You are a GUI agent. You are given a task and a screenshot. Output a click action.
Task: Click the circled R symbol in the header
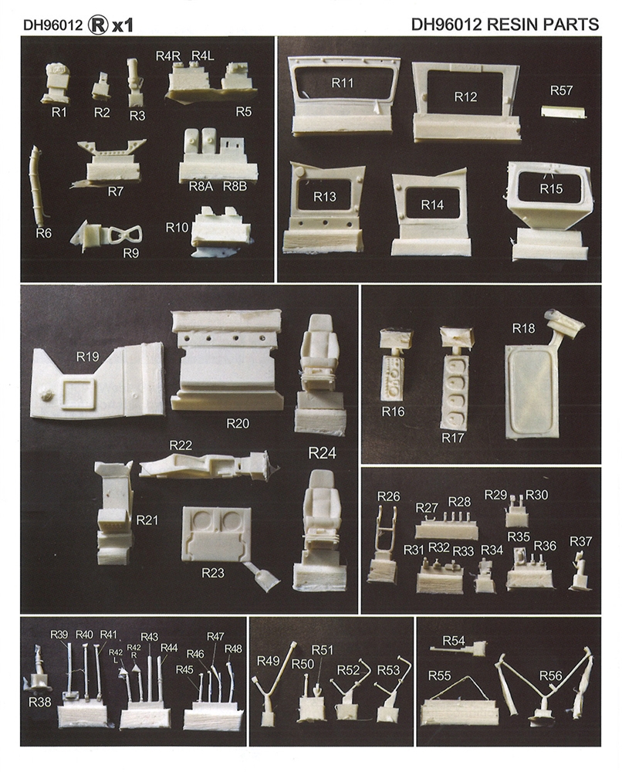pos(97,25)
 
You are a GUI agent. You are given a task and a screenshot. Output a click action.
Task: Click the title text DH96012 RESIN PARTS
pos(505,24)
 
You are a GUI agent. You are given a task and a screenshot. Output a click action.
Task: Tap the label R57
pos(562,90)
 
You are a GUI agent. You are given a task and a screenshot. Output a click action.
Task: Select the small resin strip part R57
pos(563,110)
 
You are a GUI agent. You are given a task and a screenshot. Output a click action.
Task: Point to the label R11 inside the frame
pos(343,83)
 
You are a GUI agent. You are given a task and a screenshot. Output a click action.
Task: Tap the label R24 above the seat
pos(322,453)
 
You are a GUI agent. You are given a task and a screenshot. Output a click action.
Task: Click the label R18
pos(523,328)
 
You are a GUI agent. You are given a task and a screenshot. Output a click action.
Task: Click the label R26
pos(389,496)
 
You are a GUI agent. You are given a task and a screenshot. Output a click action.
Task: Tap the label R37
pos(580,542)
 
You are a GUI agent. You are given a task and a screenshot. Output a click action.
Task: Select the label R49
pos(269,661)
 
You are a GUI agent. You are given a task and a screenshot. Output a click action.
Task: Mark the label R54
pos(453,641)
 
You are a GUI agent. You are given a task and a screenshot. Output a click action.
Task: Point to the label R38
pos(39,702)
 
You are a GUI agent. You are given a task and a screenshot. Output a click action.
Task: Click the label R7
pos(115,192)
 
